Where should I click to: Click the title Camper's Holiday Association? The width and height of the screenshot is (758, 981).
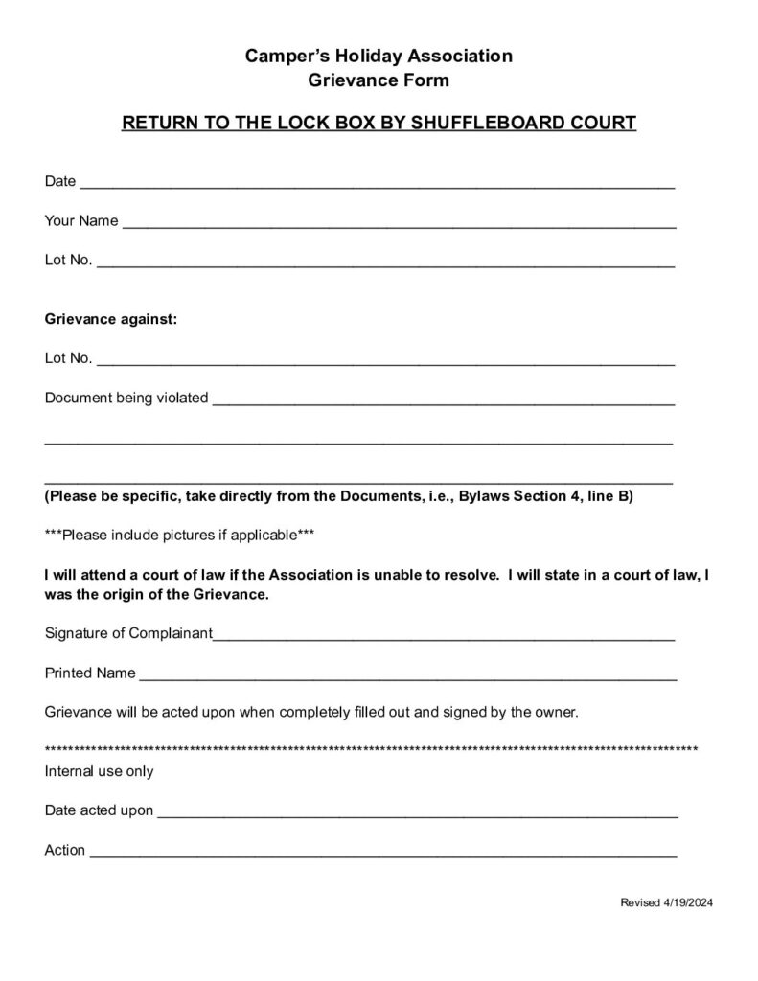[x=379, y=57]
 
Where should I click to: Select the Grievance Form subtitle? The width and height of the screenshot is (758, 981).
[x=379, y=81]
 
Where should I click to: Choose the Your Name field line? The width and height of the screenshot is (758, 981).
[x=398, y=224]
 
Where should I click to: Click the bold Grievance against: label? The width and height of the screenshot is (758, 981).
[x=111, y=320]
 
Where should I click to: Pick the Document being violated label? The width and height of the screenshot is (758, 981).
[x=126, y=398]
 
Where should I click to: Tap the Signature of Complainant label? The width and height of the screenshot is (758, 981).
[x=128, y=633]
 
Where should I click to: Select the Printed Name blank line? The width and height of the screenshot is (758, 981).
[x=407, y=676]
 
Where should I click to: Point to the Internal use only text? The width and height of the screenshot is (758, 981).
[x=99, y=771]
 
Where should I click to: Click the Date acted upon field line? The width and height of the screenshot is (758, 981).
[x=417, y=814]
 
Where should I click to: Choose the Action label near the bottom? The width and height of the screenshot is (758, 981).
[x=65, y=850]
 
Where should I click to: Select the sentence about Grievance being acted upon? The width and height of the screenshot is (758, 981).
[x=311, y=713]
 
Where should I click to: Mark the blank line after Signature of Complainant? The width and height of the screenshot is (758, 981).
[x=444, y=636]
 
